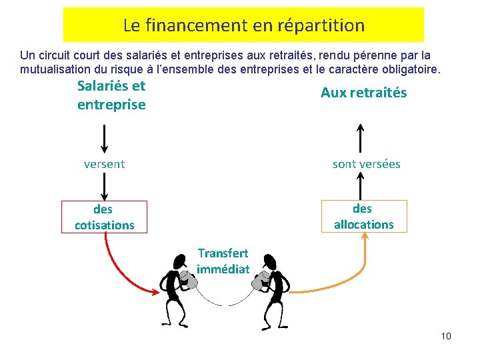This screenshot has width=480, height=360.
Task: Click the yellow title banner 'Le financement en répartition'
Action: point(243,25)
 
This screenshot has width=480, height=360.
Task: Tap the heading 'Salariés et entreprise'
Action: point(111,95)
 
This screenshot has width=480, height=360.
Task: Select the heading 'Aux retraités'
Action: point(363,93)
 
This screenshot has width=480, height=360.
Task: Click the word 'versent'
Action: point(104,164)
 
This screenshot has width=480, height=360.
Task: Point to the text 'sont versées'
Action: point(366,164)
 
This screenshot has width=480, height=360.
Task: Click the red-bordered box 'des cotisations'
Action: point(104,217)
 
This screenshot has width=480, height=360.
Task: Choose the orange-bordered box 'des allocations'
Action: point(363,216)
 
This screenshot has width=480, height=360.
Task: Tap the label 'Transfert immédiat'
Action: point(223,261)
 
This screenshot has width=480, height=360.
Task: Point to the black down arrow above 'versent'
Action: point(104,139)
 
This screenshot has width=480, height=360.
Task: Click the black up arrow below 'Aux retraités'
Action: point(360,139)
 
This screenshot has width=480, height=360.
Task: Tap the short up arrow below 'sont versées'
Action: point(360,185)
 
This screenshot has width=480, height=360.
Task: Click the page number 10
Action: point(446,336)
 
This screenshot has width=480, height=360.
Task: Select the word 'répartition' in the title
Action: point(327,25)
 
